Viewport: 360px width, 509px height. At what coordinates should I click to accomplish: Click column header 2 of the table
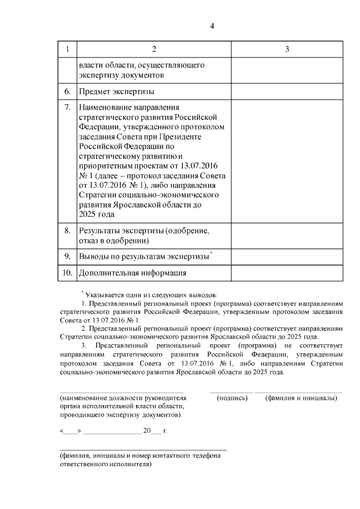click(x=153, y=49)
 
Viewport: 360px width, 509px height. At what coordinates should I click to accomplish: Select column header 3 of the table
click(x=287, y=49)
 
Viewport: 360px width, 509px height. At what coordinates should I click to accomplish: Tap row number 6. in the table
click(x=67, y=91)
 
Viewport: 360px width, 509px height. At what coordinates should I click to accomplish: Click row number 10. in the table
click(x=67, y=273)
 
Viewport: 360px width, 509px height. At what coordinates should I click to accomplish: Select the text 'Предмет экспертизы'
click(x=116, y=91)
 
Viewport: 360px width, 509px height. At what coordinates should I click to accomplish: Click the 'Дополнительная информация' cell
click(x=133, y=273)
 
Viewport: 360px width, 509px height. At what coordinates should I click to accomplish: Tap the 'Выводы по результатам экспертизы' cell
click(x=143, y=257)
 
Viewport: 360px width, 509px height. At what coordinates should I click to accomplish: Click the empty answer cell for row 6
click(x=287, y=91)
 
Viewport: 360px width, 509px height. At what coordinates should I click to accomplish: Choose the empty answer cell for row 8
click(x=287, y=236)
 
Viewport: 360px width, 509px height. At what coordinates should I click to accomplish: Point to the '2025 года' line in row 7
click(x=97, y=214)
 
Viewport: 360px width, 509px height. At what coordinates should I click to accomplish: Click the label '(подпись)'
click(x=232, y=398)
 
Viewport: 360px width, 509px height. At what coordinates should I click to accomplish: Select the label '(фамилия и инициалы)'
click(x=301, y=398)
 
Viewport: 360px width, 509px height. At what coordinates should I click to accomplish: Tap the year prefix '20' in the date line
click(x=147, y=431)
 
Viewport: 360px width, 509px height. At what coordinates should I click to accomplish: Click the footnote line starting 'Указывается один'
click(x=153, y=294)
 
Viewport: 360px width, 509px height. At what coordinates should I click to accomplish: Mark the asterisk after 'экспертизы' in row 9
click(x=210, y=254)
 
